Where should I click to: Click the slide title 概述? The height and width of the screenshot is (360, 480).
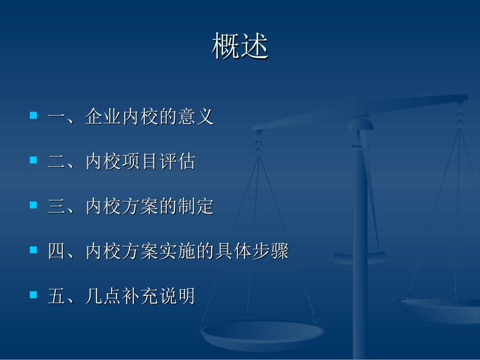click(240, 46)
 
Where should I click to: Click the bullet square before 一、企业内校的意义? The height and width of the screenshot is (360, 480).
click(34, 116)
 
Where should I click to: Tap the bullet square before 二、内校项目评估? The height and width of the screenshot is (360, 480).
click(34, 160)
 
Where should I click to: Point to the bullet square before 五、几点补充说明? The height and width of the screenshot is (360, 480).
click(34, 294)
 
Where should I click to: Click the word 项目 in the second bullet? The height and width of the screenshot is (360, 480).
click(140, 162)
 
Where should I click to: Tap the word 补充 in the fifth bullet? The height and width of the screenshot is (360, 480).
click(140, 296)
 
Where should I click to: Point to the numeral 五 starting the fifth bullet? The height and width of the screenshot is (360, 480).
click(56, 296)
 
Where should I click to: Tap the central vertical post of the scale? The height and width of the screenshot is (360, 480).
click(360, 227)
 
